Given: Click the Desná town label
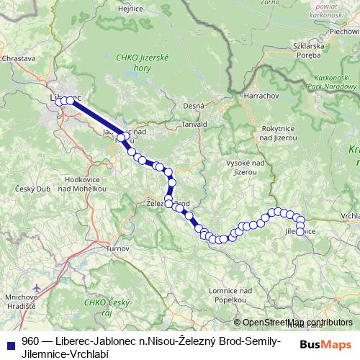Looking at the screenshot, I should click(x=194, y=106).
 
